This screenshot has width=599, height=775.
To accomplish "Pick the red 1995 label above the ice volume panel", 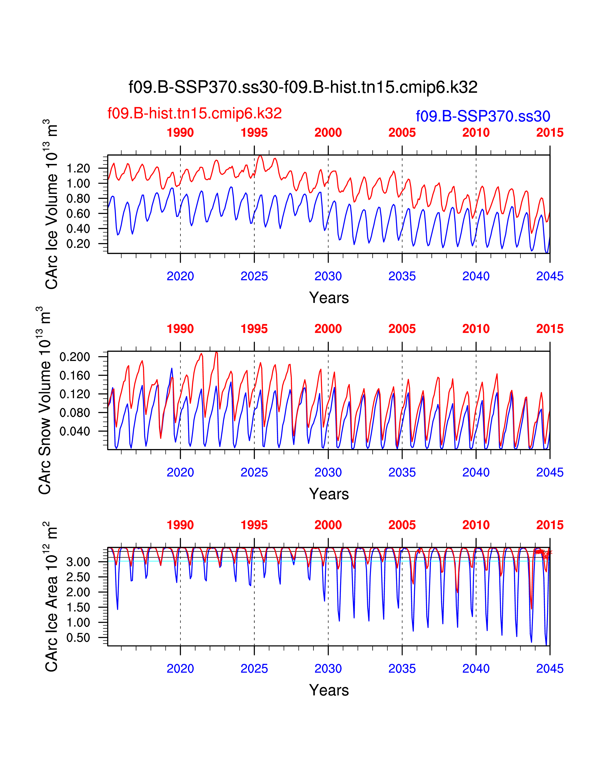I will point(254,133).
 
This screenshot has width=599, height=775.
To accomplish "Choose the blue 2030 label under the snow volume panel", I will point(328,472).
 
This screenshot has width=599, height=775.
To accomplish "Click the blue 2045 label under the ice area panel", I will point(550,669).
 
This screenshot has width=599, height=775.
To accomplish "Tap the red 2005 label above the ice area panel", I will point(402,525).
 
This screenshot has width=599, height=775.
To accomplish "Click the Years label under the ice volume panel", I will point(329,298).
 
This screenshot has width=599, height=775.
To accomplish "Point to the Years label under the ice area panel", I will point(329,690).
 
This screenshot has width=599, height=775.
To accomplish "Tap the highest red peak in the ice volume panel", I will point(260,155).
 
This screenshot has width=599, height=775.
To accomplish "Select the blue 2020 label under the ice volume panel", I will point(180,276).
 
